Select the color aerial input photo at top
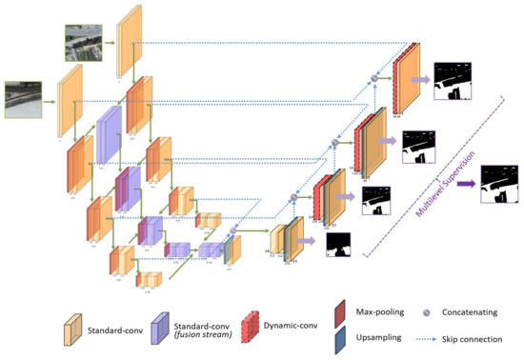pos(78,42)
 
